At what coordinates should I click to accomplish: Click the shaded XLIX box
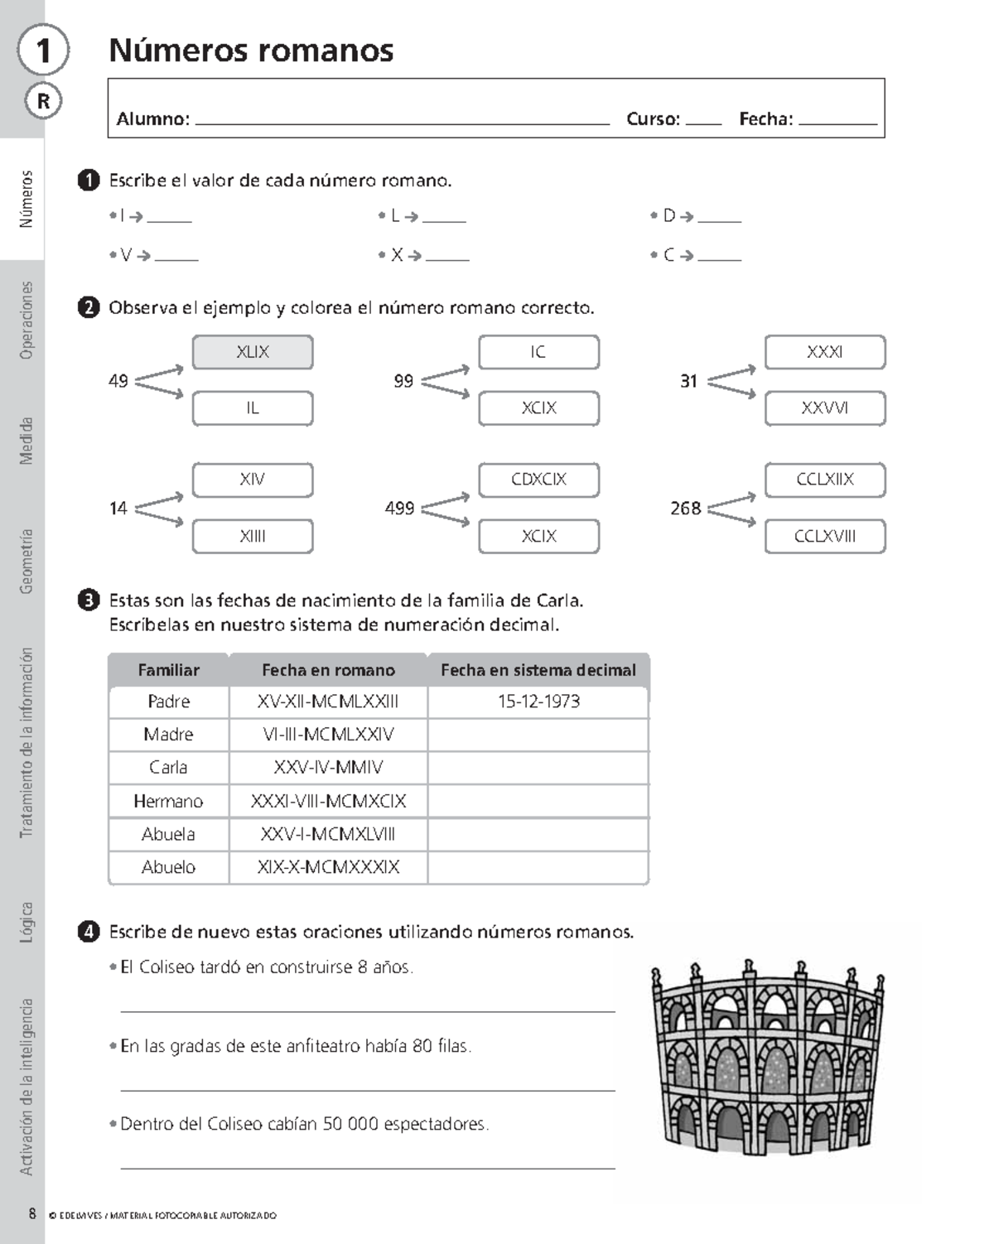click(253, 352)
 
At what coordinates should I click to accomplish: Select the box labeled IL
click(253, 408)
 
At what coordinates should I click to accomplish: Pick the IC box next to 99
click(538, 352)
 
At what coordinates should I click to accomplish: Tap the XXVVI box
click(825, 408)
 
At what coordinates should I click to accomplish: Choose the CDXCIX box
click(538, 480)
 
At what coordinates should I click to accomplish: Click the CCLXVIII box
click(825, 536)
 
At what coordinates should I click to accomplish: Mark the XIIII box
click(253, 536)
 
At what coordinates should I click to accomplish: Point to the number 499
click(399, 509)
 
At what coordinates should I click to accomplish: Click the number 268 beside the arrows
click(685, 509)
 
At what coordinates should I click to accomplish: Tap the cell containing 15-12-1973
click(538, 702)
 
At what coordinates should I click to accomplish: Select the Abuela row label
click(168, 834)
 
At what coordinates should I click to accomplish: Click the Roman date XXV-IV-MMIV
click(328, 768)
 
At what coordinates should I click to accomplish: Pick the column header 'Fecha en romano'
click(328, 670)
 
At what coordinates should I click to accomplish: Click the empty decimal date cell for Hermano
click(538, 801)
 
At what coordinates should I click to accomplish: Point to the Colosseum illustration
click(767, 1058)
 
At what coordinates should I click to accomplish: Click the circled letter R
click(43, 101)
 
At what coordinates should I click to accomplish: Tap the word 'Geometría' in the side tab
click(27, 562)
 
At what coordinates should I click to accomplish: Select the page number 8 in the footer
click(32, 1214)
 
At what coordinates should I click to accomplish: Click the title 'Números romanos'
click(251, 51)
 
